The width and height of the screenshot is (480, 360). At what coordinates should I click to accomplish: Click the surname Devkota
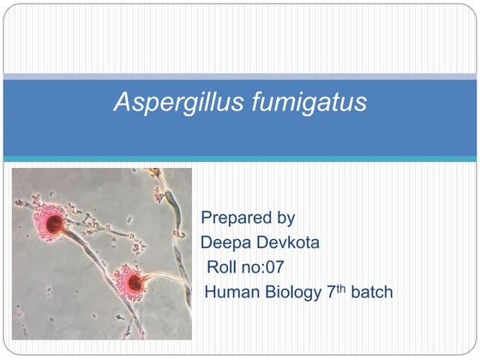pos(289,243)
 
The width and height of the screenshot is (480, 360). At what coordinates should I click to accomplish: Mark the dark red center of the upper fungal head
pos(54,225)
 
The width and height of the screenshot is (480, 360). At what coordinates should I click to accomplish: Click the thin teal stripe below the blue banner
pos(240,159)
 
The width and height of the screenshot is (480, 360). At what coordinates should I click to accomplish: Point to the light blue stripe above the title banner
pos(240,76)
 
